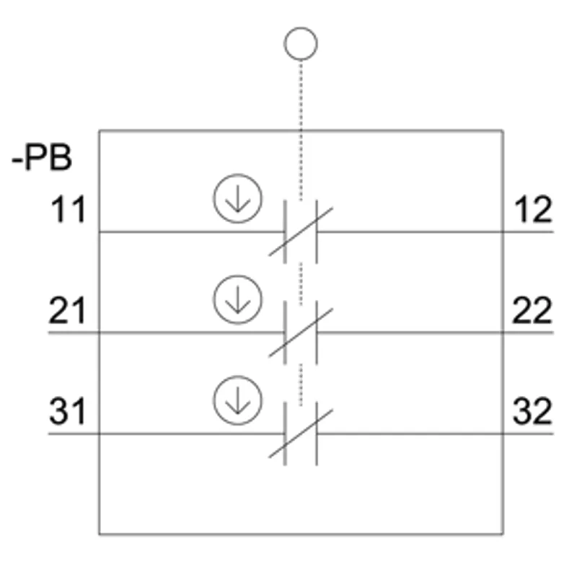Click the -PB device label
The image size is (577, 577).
tap(42, 158)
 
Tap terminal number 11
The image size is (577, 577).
tap(68, 209)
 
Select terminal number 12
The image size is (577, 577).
tap(533, 209)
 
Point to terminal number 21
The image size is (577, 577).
tap(67, 310)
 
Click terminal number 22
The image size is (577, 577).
tap(532, 310)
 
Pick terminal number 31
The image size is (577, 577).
tap(68, 411)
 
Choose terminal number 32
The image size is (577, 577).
tap(532, 411)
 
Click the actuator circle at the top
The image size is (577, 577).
tap(301, 27)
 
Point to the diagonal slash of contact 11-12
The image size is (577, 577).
tap(301, 232)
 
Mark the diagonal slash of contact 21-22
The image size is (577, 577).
tap(301, 332)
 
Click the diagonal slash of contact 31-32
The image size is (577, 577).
tap(301, 433)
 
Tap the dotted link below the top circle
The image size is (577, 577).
tap(301, 131)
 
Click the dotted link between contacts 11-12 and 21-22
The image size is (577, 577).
tap(301, 283)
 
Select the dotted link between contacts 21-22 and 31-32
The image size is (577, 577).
tap(301, 385)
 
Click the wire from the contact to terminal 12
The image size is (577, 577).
tap(436, 232)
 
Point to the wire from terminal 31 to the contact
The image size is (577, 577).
tap(167, 434)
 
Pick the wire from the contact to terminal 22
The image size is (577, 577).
tap(436, 332)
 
